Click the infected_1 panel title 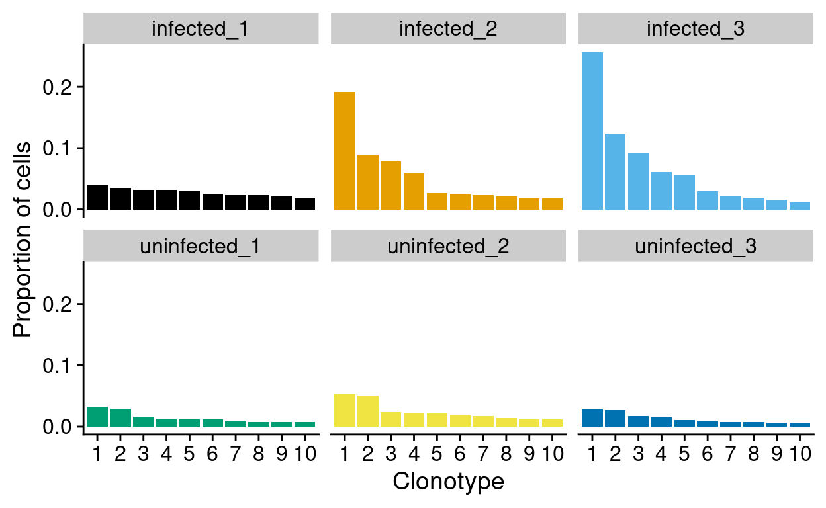coord(201,29)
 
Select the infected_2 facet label coord(448,29)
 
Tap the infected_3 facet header coord(696,29)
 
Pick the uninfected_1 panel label coord(201,247)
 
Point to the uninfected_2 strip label coord(448,247)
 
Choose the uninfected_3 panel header coord(696,247)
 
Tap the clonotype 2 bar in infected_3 coord(616,172)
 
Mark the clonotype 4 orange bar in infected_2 coord(414,191)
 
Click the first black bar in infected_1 coord(97,197)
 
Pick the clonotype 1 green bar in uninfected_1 coord(97,417)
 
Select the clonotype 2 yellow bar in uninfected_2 coord(368,411)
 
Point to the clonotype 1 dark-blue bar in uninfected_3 coord(592,417)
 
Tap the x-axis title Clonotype coord(448,482)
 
